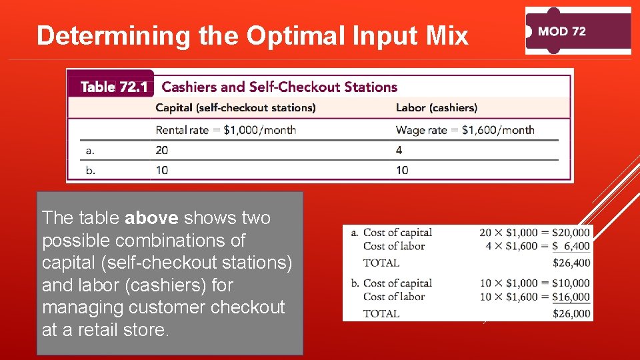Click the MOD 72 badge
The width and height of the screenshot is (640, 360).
577,31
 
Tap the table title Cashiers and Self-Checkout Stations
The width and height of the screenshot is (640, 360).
279,87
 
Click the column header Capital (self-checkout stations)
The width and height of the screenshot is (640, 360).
235,108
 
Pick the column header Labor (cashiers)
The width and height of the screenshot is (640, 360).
436,108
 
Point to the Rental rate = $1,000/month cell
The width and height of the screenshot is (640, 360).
225,130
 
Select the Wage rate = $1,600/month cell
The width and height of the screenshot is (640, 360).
465,130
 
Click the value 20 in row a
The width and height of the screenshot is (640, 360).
162,150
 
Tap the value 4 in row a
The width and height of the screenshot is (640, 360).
399,150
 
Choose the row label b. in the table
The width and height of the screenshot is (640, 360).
91,170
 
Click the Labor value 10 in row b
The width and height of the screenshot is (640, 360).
402,170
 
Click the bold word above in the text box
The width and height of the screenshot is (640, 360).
151,218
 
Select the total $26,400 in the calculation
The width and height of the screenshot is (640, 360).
571,263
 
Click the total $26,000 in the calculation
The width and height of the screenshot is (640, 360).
571,313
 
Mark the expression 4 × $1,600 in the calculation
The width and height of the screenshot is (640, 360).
509,246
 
